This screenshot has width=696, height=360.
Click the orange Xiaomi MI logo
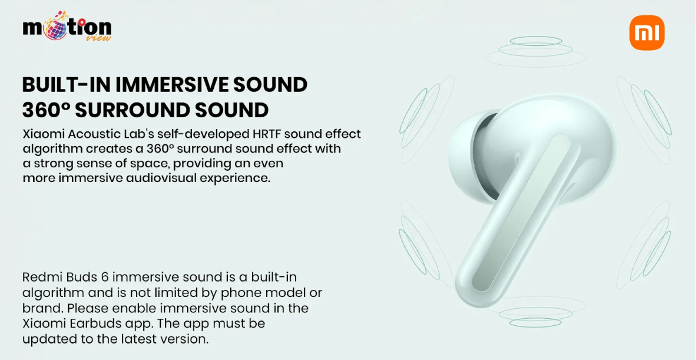coord(647,33)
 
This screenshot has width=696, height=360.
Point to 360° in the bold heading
coord(46,111)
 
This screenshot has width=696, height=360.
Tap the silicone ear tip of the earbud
coord(468,151)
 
